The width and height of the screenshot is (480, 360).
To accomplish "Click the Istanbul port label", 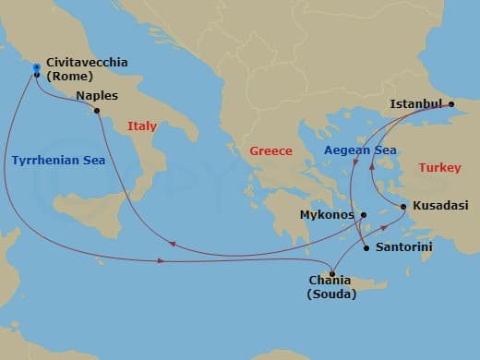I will coord(416,103).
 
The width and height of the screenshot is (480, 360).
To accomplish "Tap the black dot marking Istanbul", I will coord(452,104).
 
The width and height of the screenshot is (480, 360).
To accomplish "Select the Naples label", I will coord(97,95).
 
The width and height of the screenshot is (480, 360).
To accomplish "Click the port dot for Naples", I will coord(97,111).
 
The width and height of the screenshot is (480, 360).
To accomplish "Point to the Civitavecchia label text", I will coord(88,63).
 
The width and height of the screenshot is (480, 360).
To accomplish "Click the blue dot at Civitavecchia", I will coord(36,67).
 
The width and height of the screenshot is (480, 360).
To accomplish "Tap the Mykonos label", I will coord(328,215).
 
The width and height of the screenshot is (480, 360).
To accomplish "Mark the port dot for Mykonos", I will coord(364,215).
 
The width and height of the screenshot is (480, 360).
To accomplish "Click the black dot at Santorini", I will coord(366,248).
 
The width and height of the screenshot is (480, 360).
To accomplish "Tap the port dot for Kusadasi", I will coord(403,206).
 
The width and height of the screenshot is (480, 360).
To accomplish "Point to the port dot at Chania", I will coord(332,274).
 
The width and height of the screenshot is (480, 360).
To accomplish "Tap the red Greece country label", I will coord(271,151).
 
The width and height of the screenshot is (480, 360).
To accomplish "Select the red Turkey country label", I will coord(439,168).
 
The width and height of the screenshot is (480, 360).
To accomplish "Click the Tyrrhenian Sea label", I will coord(59,161).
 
